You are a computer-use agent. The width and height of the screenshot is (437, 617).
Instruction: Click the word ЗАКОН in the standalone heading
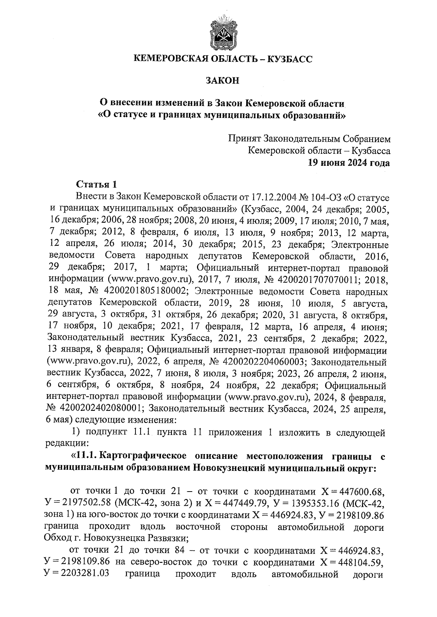223,81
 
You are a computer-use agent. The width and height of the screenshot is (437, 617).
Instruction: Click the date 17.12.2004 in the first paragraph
268,197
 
